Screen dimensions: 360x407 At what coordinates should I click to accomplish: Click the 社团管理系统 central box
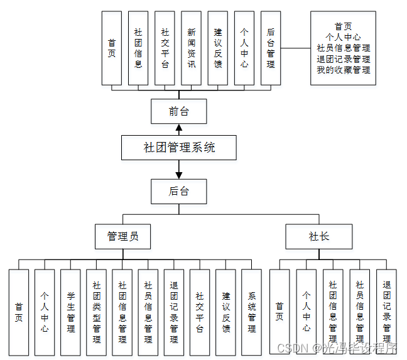179,148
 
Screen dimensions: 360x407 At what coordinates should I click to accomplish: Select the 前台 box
179,112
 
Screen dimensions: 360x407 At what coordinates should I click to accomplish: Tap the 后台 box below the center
179,191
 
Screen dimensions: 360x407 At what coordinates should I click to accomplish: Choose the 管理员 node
122,236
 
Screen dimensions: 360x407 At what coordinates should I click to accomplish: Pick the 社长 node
318,236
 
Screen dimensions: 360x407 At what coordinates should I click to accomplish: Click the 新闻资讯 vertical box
191,48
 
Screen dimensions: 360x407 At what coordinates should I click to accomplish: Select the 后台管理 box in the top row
270,48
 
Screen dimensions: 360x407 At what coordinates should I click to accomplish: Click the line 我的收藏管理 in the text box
343,70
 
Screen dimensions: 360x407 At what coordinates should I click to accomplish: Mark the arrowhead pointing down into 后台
179,173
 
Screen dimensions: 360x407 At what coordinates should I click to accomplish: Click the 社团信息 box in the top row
138,48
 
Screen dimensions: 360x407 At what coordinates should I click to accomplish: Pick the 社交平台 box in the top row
165,48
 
